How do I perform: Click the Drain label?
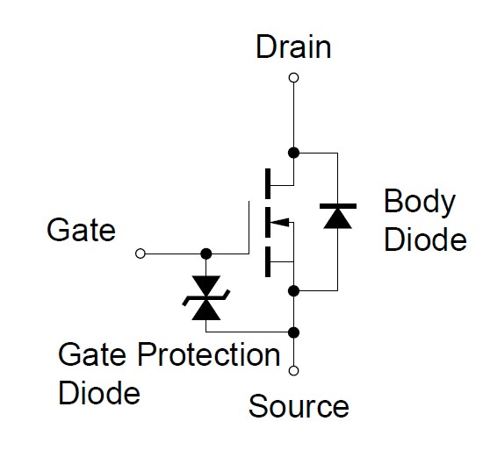click(293, 47)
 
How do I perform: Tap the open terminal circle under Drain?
click(293, 77)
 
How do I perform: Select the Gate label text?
click(82, 230)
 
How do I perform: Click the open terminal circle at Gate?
click(141, 253)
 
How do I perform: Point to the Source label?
click(299, 406)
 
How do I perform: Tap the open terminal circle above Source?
click(293, 370)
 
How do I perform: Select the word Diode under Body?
click(425, 239)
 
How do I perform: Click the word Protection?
click(209, 354)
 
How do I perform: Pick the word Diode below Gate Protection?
click(99, 392)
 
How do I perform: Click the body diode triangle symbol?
click(337, 218)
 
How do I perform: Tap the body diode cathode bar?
click(338, 206)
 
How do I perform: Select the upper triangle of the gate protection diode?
click(206, 285)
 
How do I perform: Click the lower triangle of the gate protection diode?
click(206, 311)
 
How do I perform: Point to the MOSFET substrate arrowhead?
click(280, 222)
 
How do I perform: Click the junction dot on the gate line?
click(206, 253)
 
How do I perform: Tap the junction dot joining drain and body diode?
click(293, 153)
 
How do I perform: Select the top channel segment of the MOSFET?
click(268, 183)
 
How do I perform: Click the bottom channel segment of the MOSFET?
click(268, 261)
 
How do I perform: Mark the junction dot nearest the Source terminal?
click(293, 332)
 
